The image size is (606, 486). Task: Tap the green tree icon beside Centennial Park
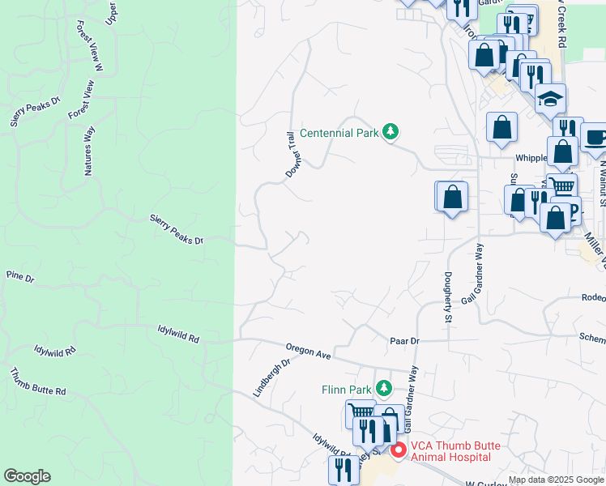(390, 131)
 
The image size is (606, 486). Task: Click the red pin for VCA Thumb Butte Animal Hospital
(398, 450)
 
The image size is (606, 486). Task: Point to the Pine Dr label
(20, 278)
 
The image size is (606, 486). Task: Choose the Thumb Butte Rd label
(38, 382)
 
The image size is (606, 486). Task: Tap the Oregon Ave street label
(309, 354)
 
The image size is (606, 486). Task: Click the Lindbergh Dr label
(271, 377)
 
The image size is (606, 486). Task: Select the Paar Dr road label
(404, 342)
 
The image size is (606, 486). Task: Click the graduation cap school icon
(551, 99)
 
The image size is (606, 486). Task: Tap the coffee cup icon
(595, 136)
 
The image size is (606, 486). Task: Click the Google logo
(27, 476)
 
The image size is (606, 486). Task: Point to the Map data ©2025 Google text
(557, 480)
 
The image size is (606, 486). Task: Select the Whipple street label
(531, 159)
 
